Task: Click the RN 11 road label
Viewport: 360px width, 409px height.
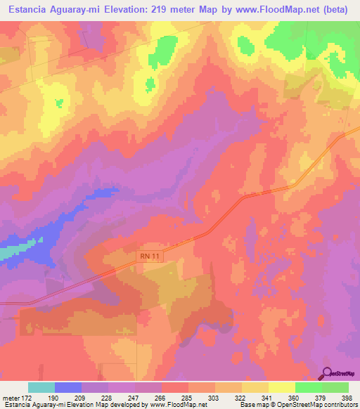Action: (150, 258)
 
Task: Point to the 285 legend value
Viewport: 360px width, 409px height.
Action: (188, 398)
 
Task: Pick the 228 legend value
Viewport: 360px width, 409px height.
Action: (108, 398)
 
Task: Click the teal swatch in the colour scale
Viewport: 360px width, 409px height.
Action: (41, 387)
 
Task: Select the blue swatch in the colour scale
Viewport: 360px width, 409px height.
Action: (68, 387)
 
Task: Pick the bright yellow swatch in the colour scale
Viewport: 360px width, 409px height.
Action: (281, 387)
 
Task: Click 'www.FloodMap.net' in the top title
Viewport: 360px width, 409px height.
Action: (275, 10)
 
